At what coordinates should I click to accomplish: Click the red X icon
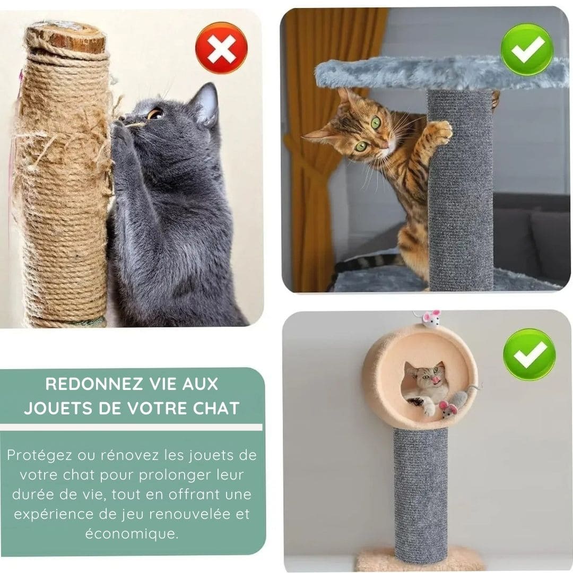221,48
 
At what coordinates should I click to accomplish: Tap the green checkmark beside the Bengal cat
527,49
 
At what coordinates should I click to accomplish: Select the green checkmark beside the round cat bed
529,354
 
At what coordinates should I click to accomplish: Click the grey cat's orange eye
155,114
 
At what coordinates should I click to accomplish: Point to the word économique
132,534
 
